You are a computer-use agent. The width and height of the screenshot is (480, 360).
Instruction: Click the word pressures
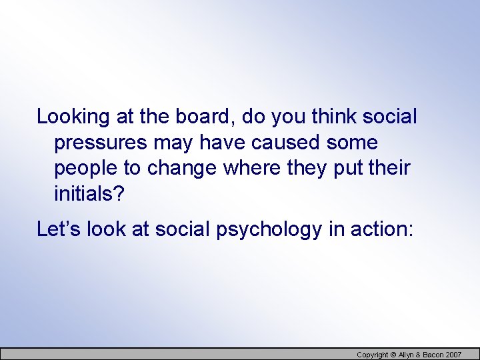pyautogui.click(x=101, y=143)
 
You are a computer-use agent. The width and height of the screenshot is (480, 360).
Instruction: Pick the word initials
pyautogui.click(x=84, y=194)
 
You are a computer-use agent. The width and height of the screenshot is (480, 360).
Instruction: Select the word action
pyautogui.click(x=381, y=230)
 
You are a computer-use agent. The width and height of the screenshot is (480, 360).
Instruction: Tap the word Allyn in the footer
pyautogui.click(x=406, y=355)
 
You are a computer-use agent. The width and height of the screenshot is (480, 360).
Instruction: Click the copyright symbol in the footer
pyautogui.click(x=393, y=355)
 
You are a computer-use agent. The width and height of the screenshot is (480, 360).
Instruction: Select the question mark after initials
pyautogui.click(x=119, y=194)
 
